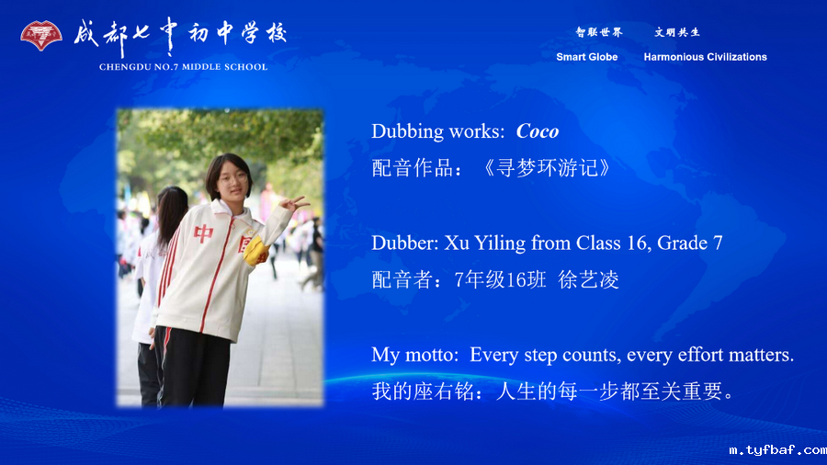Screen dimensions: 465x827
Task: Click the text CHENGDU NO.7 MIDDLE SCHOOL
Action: click(184, 67)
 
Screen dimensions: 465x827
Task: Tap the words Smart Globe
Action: click(586, 57)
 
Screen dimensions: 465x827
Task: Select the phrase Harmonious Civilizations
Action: click(705, 57)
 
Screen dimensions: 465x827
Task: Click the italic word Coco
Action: click(538, 131)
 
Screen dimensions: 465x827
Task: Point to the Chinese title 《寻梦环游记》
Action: click(546, 168)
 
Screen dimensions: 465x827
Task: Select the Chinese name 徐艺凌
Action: click(589, 280)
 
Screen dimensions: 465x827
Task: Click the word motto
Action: click(434, 355)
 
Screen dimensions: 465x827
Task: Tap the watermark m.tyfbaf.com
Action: click(776, 450)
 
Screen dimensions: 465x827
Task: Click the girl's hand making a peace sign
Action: click(296, 203)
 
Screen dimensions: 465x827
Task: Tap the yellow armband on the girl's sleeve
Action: click(256, 249)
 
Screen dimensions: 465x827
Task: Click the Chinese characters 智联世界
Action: click(599, 32)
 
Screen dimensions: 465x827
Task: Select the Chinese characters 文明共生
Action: click(677, 32)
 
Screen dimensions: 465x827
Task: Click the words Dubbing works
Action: click(437, 131)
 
